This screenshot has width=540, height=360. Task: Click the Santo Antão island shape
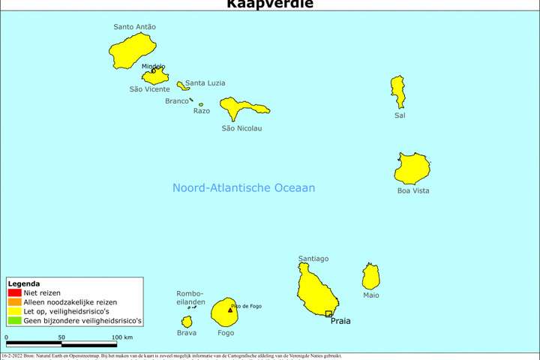click(132, 50)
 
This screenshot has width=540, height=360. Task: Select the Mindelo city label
click(153, 66)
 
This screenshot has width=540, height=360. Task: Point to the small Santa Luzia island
click(182, 86)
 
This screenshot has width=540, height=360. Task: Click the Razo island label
click(202, 111)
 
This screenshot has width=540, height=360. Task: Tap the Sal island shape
click(397, 91)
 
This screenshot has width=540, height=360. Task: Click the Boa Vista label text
click(413, 190)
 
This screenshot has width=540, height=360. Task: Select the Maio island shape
click(370, 277)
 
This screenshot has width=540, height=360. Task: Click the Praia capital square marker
click(328, 313)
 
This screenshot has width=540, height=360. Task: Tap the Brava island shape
click(187, 322)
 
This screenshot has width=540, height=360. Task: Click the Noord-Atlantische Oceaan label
click(244, 188)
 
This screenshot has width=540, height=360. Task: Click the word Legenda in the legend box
click(23, 283)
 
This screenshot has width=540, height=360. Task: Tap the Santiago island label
click(313, 259)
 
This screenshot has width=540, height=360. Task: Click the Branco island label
click(177, 101)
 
